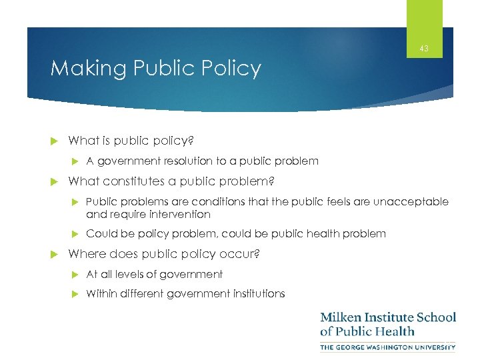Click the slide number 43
point(425,49)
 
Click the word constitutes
point(135,181)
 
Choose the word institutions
point(257,293)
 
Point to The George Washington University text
point(388,347)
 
